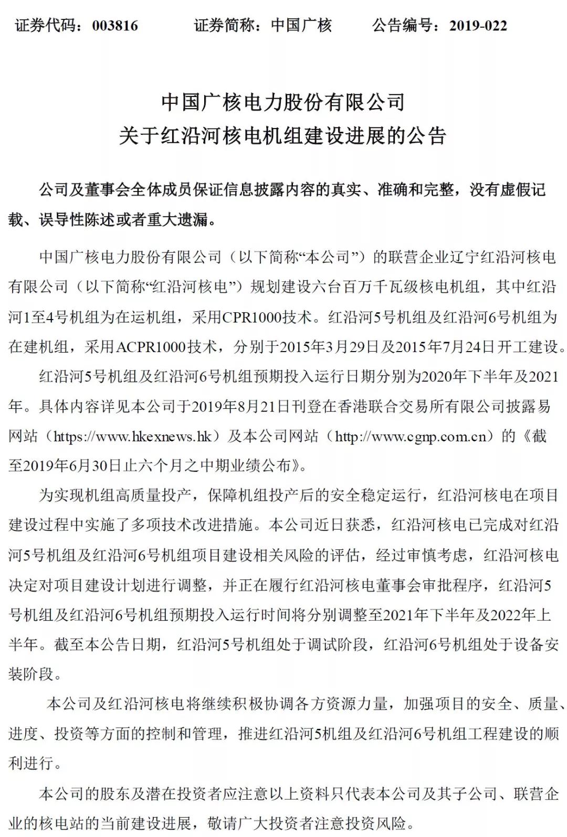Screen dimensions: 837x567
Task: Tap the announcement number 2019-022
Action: tap(478, 25)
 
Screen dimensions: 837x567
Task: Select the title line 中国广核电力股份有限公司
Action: tap(283, 102)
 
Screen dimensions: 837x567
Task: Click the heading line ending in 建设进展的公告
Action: tap(283, 136)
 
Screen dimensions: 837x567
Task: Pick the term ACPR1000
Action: tap(151, 346)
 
